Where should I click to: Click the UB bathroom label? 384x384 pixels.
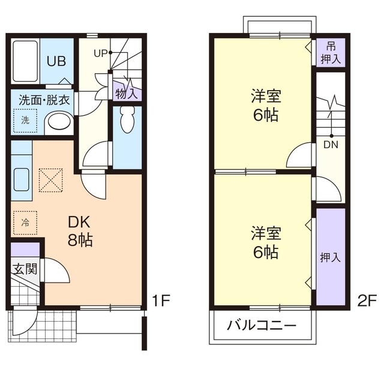coord(57,61)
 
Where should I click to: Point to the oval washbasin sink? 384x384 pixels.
coord(58,123)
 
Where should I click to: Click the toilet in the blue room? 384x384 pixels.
coord(127,121)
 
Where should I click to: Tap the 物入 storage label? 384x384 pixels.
coord(127,93)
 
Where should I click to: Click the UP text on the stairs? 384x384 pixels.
coord(100,53)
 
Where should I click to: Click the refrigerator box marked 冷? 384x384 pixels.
coord(25,221)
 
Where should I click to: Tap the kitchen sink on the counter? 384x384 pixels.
coord(22,179)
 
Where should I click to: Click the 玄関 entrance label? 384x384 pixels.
coord(25,268)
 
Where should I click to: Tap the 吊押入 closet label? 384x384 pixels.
coord(330,53)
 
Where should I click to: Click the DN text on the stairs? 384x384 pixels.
coord(330,144)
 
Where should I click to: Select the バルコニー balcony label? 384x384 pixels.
coord(262,326)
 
